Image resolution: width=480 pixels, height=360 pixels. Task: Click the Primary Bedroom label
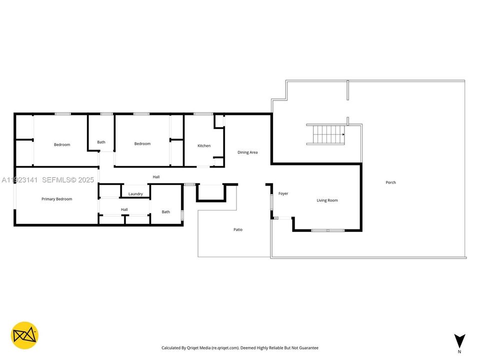[56, 199]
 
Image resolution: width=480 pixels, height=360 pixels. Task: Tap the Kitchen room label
[204, 146]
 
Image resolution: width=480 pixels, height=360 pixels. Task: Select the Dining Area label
[247, 152]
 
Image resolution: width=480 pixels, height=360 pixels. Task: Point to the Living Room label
[327, 200]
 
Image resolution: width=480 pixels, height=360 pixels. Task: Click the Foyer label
[283, 193]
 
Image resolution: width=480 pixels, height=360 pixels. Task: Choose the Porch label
[390, 182]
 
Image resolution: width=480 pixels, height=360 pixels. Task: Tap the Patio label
[238, 229]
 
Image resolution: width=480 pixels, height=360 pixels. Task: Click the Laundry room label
[135, 194]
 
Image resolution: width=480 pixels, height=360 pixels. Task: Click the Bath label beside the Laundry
[165, 212]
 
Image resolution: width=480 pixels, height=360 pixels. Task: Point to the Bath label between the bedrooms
[101, 142]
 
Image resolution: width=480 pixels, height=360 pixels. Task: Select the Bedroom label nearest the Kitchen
[142, 144]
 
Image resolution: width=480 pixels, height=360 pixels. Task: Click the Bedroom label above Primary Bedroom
[62, 145]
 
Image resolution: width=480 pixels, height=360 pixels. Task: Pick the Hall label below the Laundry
[124, 209]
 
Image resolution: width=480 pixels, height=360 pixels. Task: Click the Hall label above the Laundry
[156, 177]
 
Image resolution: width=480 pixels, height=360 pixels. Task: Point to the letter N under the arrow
[459, 351]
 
